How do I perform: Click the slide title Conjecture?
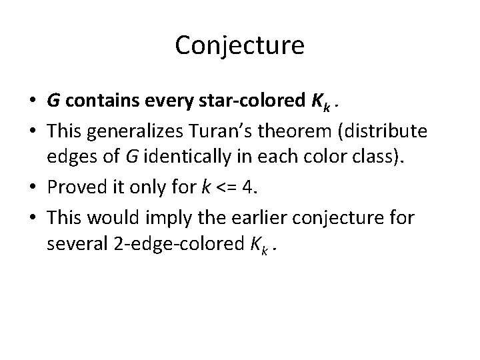click(240, 45)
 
